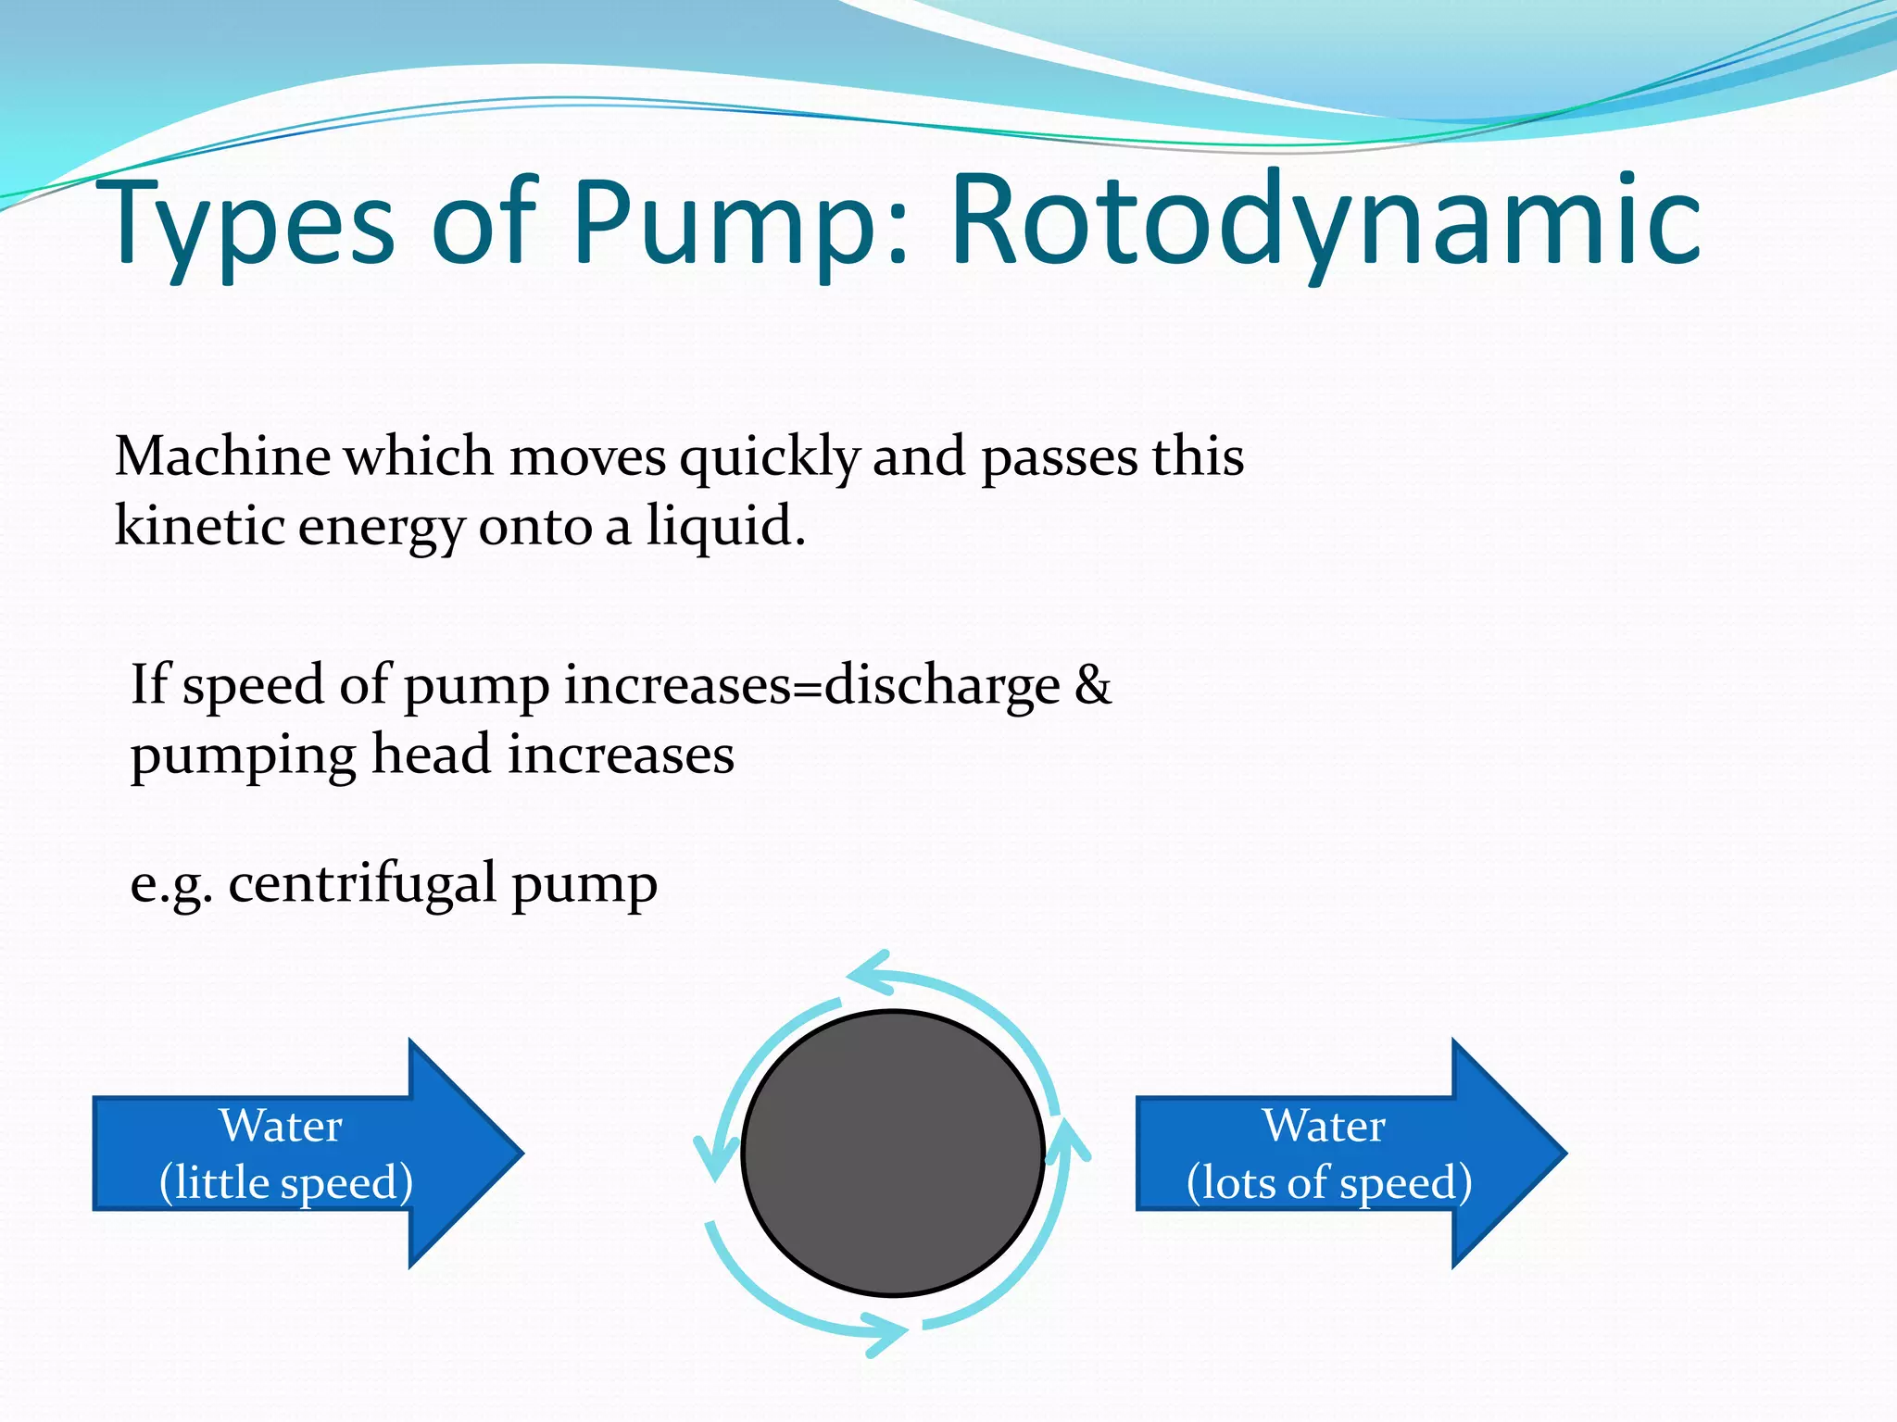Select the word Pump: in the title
click(741, 222)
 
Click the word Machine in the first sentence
click(222, 456)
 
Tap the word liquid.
click(724, 526)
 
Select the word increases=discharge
click(811, 685)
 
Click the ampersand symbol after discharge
click(1093, 685)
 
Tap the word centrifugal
click(362, 883)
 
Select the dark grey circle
click(893, 1153)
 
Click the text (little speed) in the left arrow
click(285, 1182)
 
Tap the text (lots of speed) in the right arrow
click(1328, 1182)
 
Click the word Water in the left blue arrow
click(281, 1126)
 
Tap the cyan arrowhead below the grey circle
click(885, 1334)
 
